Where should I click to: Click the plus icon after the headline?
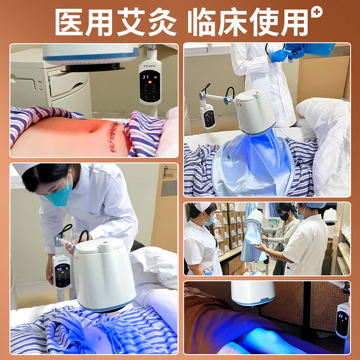(x=317, y=13)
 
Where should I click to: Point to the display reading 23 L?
(x=343, y=317)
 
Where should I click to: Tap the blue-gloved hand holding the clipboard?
(x=279, y=56)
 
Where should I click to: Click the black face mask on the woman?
(x=285, y=216)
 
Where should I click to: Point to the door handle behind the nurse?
(x=167, y=171)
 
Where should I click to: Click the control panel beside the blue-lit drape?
(x=208, y=117)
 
